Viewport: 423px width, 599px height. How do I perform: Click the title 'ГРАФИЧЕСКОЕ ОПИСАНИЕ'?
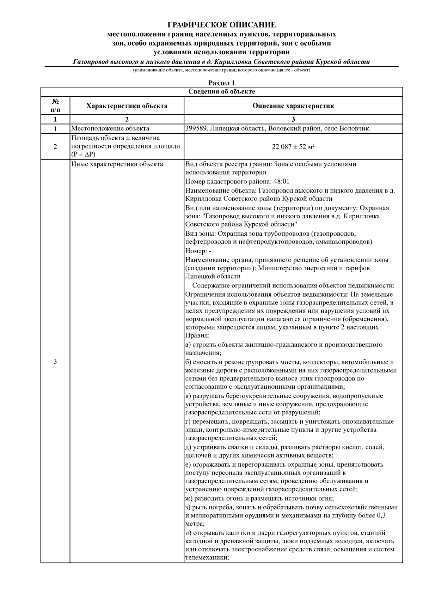click(221, 25)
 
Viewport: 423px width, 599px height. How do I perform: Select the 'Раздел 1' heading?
click(221, 83)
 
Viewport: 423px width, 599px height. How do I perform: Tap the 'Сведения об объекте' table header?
click(221, 92)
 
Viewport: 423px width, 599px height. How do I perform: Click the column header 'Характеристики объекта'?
click(127, 106)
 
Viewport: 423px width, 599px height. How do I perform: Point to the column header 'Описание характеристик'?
click(293, 106)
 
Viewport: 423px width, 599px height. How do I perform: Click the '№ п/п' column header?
click(55, 106)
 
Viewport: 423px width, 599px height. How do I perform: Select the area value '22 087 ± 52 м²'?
click(293, 147)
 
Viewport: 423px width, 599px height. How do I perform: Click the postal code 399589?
click(196, 128)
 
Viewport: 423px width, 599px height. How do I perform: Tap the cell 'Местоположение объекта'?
click(110, 128)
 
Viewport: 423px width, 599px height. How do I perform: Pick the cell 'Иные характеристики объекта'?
click(117, 164)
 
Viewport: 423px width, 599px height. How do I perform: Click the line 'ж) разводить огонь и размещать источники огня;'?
click(259, 498)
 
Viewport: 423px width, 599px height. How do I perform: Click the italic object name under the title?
click(221, 62)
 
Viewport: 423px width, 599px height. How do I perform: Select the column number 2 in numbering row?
click(127, 119)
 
